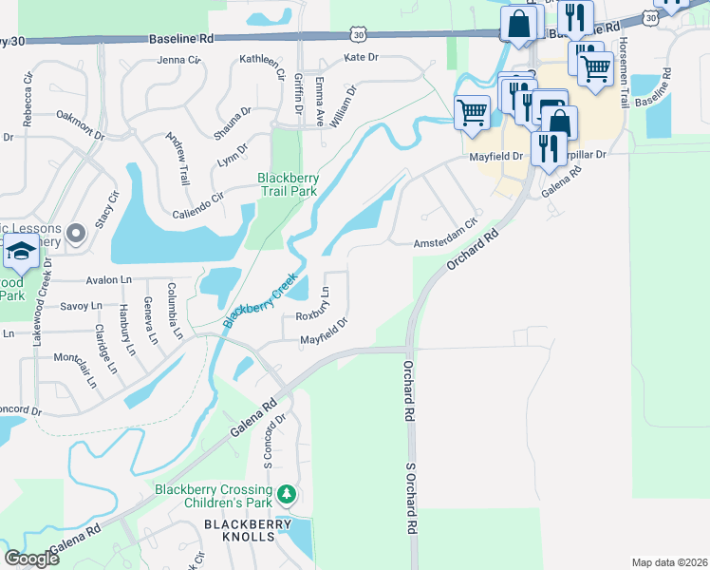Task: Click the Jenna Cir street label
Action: pos(180,59)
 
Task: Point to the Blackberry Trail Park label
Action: pos(288,183)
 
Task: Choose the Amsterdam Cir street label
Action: pos(444,244)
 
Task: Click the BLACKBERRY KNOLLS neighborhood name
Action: pos(236,524)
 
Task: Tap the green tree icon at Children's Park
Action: pos(286,494)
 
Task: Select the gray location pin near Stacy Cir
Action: pos(77,232)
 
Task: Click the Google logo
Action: pos(31,559)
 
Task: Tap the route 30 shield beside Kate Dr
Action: pos(357,34)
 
